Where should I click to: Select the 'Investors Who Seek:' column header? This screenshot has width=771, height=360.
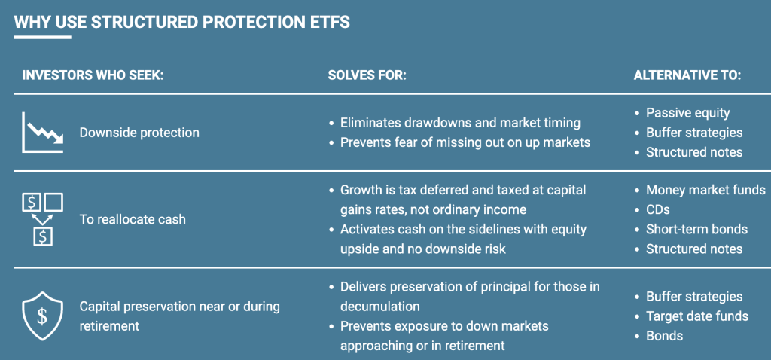pos(93,75)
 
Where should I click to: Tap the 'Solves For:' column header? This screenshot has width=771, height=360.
pos(367,75)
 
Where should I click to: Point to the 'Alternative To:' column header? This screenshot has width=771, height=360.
pos(687,75)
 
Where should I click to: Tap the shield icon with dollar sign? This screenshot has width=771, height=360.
pos(42,316)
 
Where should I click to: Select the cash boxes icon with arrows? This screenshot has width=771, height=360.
pos(42,219)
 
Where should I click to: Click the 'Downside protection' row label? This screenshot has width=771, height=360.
pos(139,133)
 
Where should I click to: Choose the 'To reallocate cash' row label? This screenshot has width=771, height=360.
pos(133,220)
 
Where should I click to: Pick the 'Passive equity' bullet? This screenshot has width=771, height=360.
pos(687,113)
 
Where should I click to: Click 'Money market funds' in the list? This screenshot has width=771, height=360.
pos(705,190)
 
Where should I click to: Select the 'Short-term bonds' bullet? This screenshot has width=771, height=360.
pos(696,229)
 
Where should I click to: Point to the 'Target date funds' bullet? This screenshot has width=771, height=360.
pos(696,316)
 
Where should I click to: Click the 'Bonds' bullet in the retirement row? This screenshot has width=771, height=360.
pos(664,336)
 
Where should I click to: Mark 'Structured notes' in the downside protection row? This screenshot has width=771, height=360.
pos(693,152)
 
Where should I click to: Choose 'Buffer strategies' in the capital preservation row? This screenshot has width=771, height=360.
pos(693,297)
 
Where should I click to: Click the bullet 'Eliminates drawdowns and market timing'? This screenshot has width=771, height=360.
pos(460,122)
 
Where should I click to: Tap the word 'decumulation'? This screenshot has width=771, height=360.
pos(379,307)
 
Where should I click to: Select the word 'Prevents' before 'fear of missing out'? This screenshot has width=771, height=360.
pos(366,142)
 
